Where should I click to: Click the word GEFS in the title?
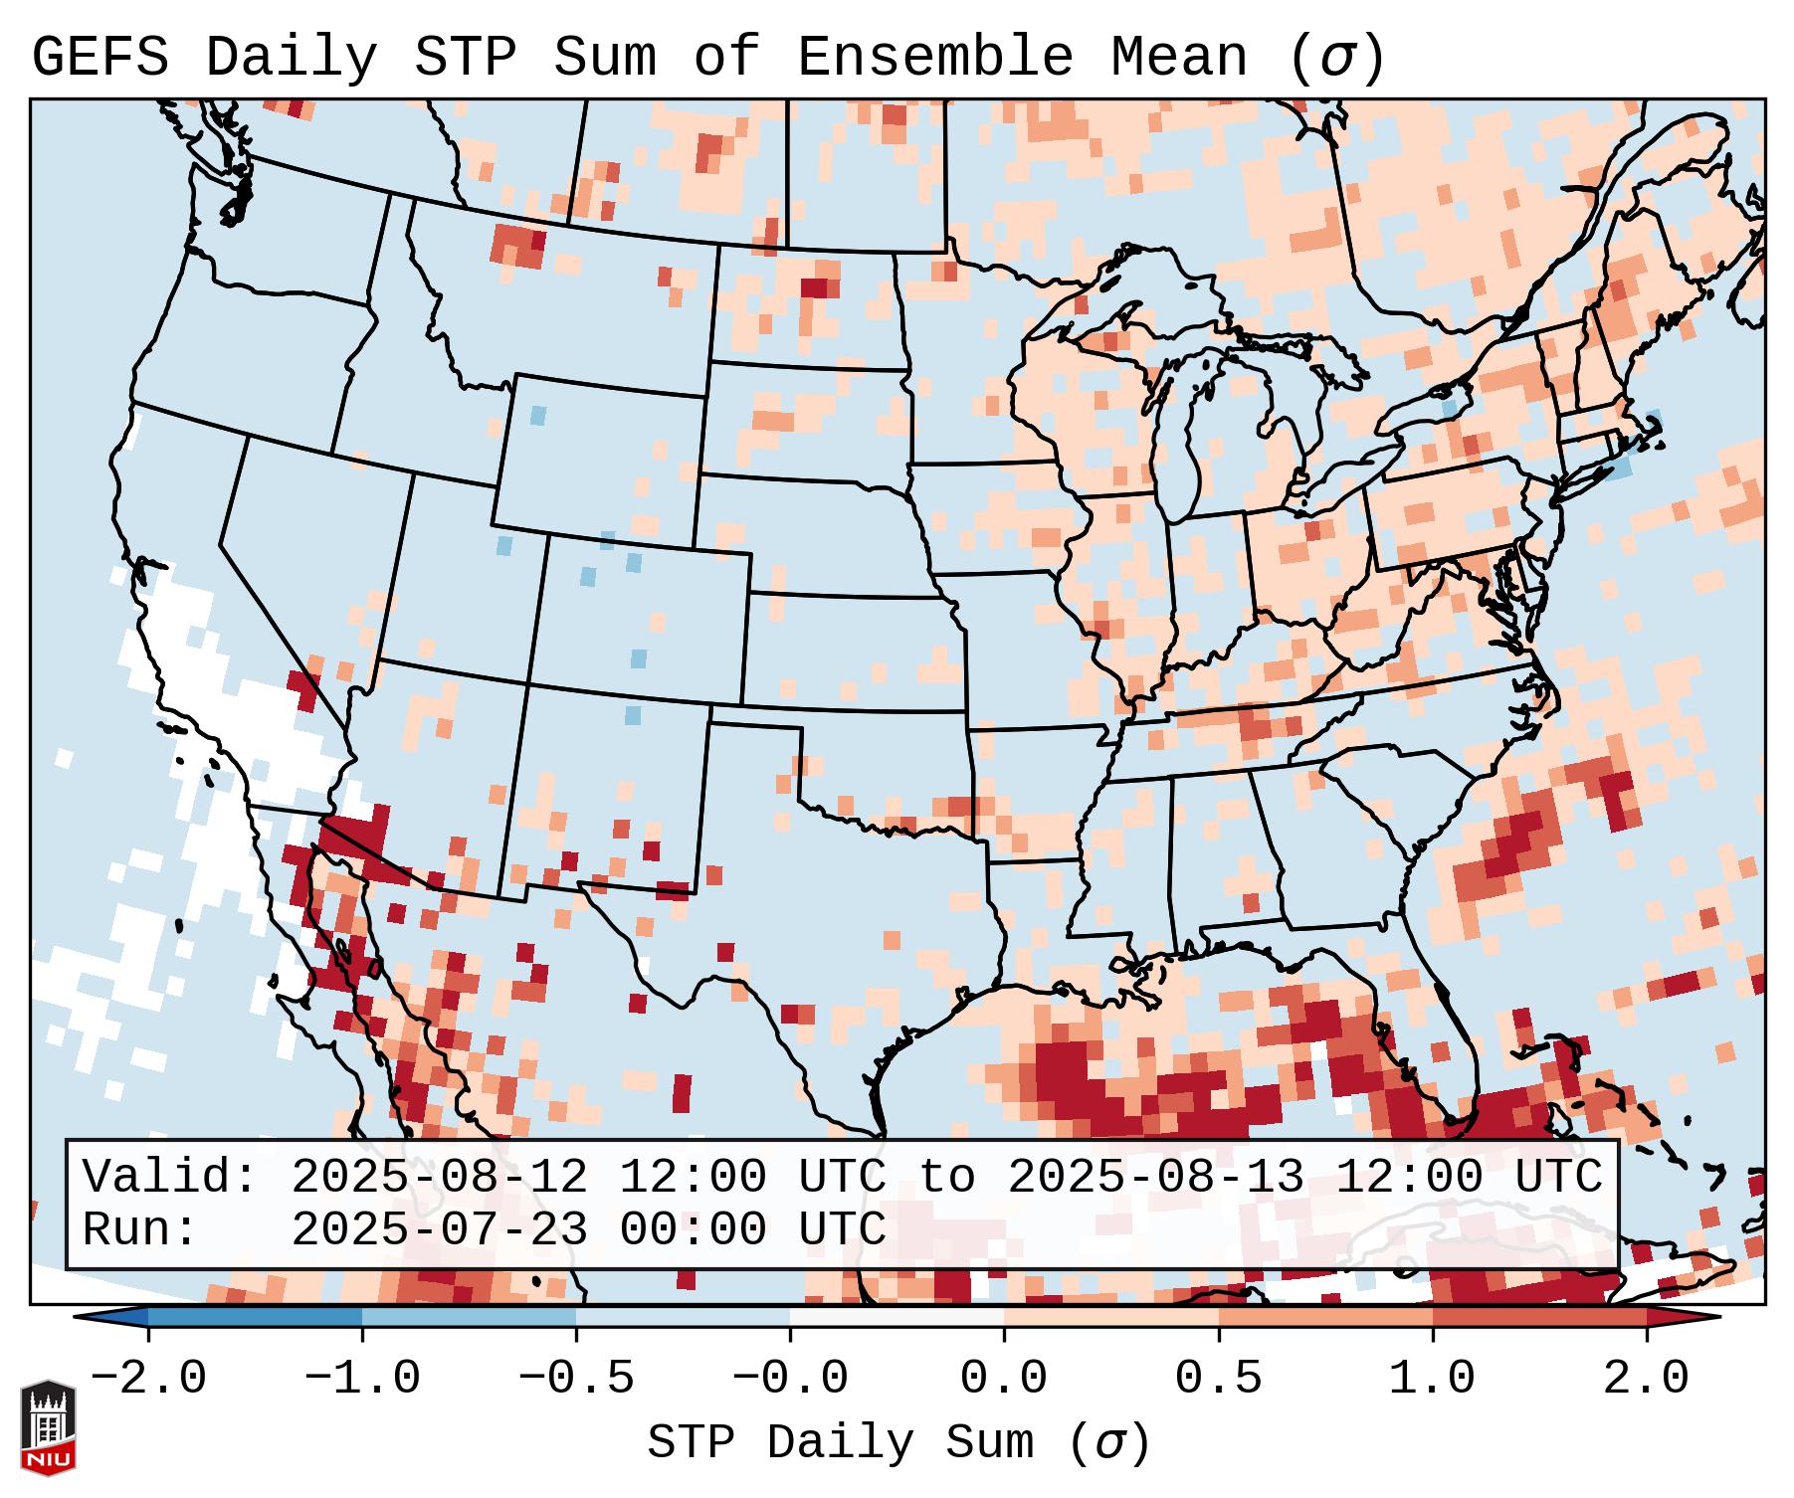100,58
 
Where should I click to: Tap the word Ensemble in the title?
934,58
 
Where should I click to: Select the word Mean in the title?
1178,58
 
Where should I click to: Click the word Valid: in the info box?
170,1178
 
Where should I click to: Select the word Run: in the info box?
140,1230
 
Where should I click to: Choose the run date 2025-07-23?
439,1230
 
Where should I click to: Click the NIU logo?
48,1426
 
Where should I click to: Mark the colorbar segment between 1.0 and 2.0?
1539,1317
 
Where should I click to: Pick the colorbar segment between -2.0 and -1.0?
255,1317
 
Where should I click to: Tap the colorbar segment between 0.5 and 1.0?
1325,1317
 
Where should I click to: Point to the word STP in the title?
465,58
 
